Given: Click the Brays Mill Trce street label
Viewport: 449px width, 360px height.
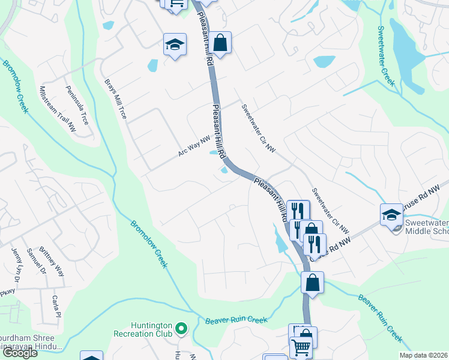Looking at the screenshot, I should coord(116,99).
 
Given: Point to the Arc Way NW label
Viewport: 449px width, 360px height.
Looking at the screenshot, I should coord(194,146).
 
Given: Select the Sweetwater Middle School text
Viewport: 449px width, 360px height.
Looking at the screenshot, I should coord(427,227).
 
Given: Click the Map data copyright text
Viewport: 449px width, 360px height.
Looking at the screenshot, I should coord(424,355).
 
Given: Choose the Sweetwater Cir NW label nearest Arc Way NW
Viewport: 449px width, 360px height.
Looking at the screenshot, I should coord(258,128).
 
